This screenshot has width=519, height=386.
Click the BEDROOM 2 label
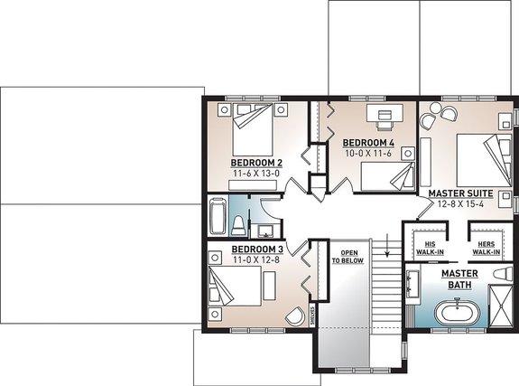(257, 163)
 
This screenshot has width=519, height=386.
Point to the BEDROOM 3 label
(258, 249)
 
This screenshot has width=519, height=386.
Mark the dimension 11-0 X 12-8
(258, 259)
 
